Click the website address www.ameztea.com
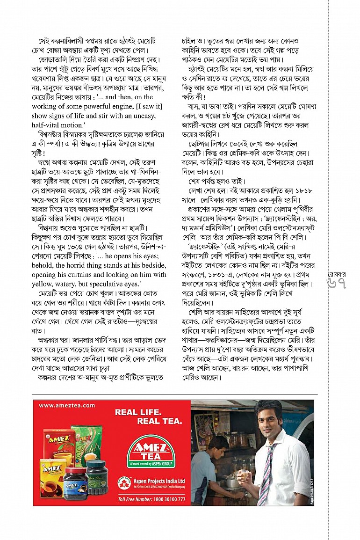[x=67, y=406]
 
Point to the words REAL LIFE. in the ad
[x=138, y=412]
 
